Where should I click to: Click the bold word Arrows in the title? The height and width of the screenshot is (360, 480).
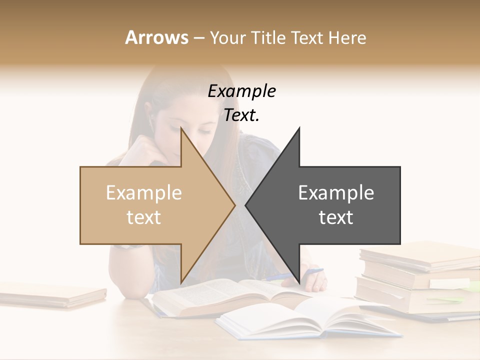[x=156, y=37]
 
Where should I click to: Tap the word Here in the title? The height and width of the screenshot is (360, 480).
[x=348, y=37]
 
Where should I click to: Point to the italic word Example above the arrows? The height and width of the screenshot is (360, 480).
[x=241, y=91]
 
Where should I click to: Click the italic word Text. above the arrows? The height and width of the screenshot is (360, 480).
[x=241, y=115]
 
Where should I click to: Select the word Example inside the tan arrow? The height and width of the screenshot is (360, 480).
[x=144, y=193]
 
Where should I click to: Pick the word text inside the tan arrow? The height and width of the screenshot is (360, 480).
[x=144, y=217]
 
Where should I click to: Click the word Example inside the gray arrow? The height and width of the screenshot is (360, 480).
[x=336, y=193]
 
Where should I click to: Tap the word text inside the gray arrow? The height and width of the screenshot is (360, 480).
[x=336, y=217]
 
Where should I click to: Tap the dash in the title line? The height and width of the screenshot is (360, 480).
[x=198, y=38]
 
